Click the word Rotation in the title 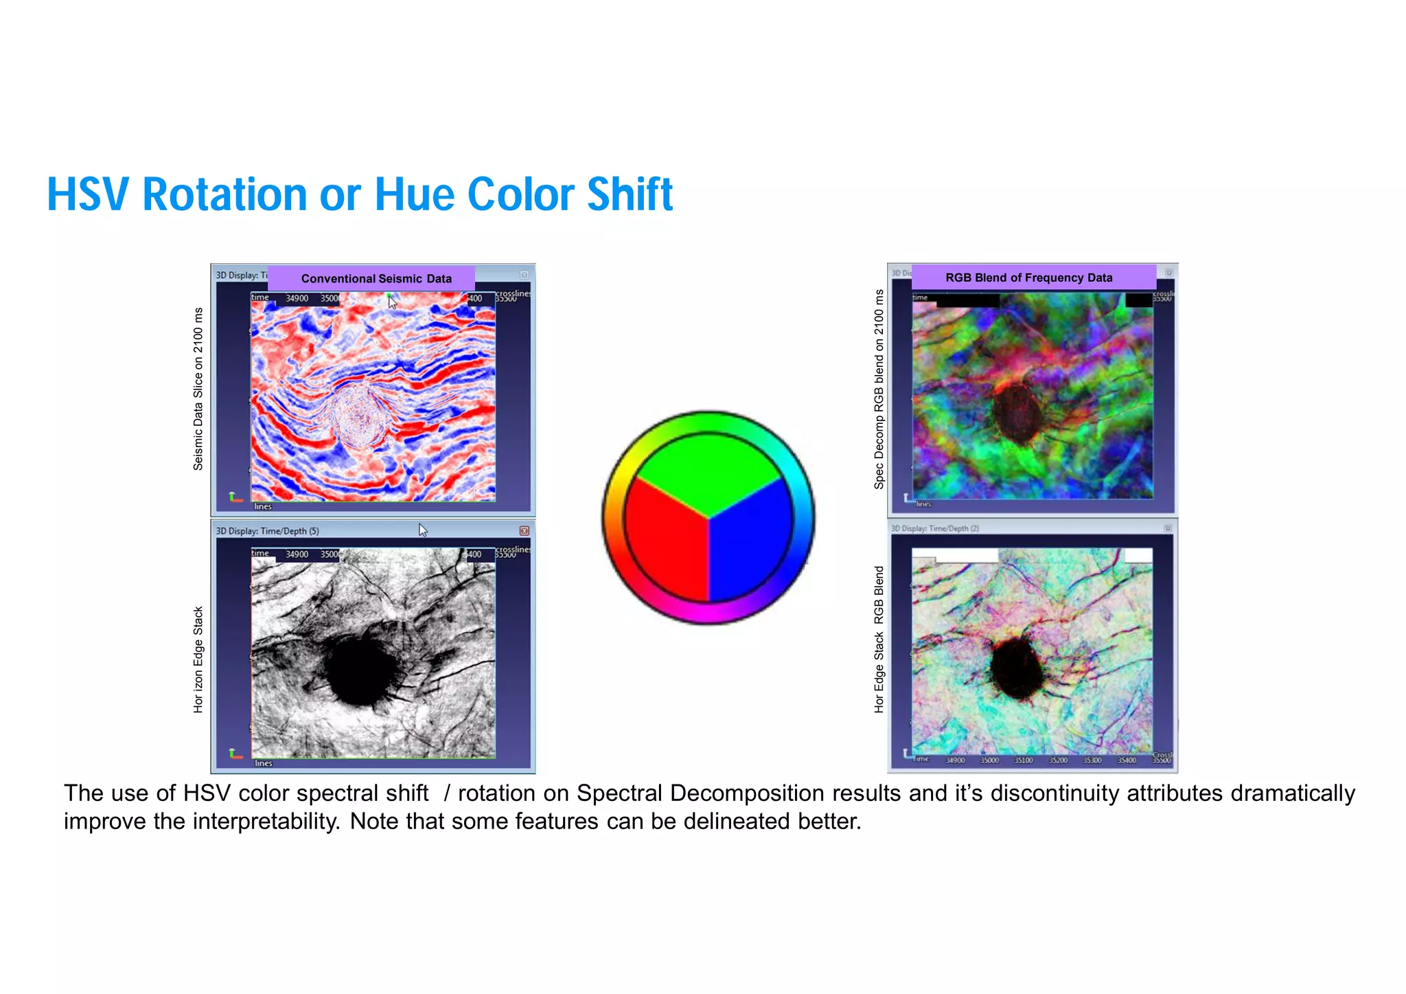tap(225, 194)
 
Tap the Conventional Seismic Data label tap(376, 278)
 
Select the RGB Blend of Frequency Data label tap(1028, 278)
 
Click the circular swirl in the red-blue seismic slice tap(358, 416)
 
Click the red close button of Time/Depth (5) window tap(524, 530)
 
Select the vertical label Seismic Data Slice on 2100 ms tap(198, 389)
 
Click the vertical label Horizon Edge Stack tap(198, 659)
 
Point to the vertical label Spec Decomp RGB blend tap(879, 389)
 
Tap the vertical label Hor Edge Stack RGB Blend tap(879, 639)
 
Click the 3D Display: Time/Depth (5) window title tap(267, 531)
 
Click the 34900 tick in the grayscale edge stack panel tap(297, 554)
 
